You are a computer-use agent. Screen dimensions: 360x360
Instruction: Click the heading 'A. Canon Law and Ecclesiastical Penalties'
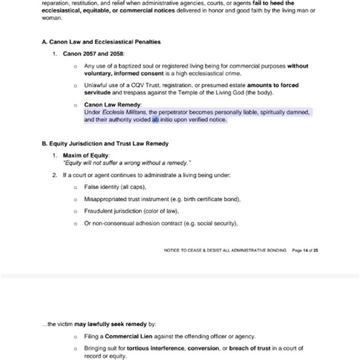[100, 42]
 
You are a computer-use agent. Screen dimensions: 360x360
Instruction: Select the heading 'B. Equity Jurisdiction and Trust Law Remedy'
[104, 143]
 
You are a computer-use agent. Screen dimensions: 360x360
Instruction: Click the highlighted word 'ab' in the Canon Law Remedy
[156, 120]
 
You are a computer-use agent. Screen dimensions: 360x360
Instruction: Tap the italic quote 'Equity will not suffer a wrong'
[104, 163]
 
